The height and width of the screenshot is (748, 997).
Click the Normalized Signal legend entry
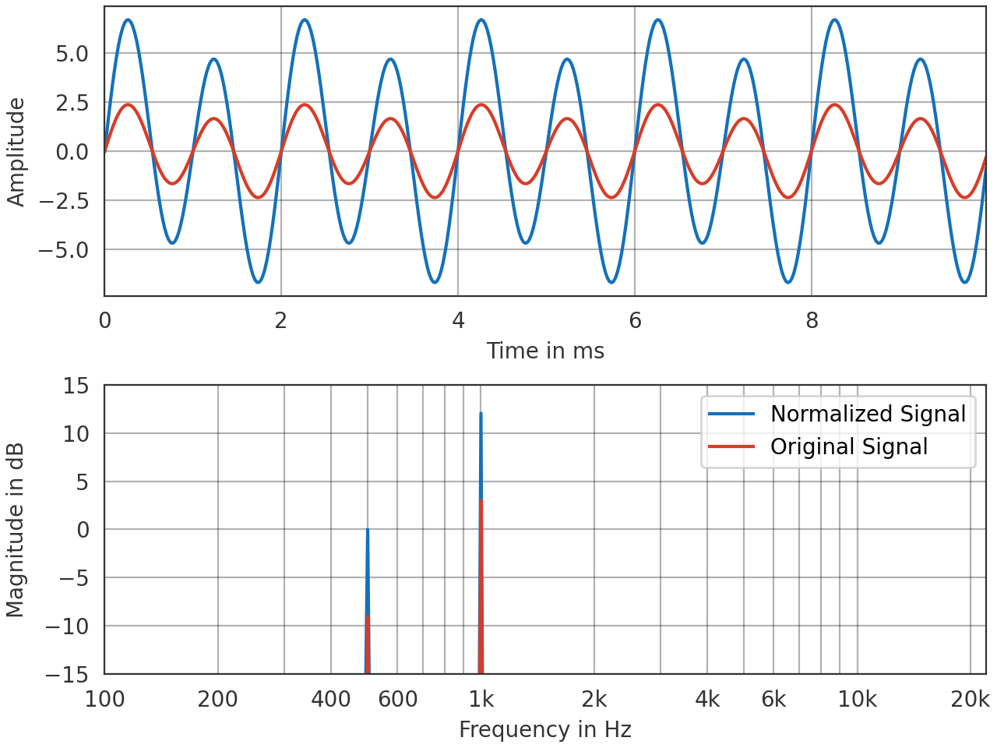click(x=868, y=414)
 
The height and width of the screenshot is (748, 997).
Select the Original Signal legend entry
click(x=848, y=446)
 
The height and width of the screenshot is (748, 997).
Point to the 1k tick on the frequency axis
click(x=481, y=699)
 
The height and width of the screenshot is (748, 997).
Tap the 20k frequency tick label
click(x=970, y=699)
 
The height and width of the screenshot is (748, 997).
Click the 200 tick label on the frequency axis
click(x=217, y=699)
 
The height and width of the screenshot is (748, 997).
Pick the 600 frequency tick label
click(x=397, y=699)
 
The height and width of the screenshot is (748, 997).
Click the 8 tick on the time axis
click(x=812, y=320)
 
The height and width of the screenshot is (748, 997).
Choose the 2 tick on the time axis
click(x=281, y=320)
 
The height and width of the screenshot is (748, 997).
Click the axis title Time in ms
click(x=545, y=351)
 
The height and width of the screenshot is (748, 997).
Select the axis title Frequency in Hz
click(x=545, y=729)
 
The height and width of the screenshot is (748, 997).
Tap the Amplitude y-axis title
click(x=16, y=152)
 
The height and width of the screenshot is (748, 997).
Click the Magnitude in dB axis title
click(x=16, y=530)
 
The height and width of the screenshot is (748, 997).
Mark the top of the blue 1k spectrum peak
click(x=481, y=414)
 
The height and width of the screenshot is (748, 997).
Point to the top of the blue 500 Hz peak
click(x=368, y=530)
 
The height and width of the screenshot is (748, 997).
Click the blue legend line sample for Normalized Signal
click(x=731, y=414)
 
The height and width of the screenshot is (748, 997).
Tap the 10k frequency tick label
click(x=857, y=699)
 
